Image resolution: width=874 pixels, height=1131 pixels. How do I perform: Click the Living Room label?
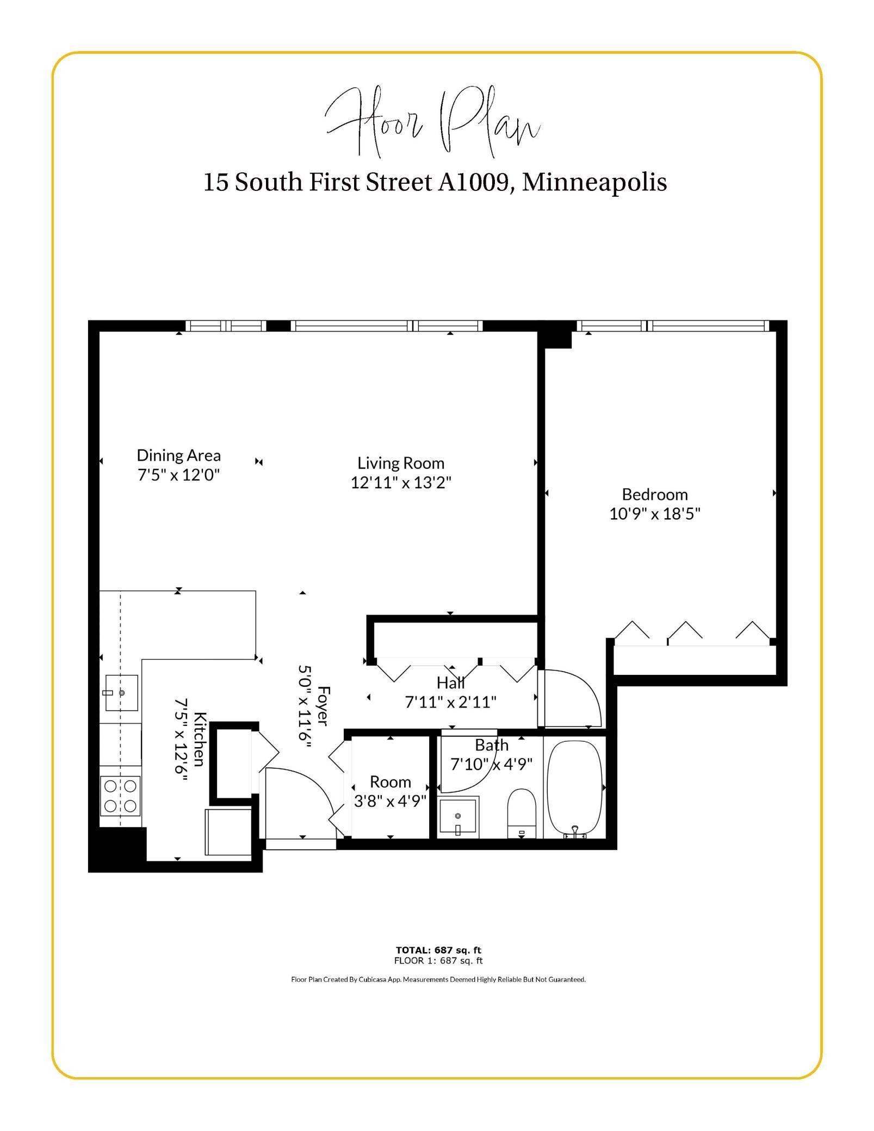(x=401, y=463)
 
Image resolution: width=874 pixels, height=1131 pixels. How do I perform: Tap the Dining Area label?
(x=178, y=455)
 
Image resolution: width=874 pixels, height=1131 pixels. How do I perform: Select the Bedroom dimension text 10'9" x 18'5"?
(x=654, y=513)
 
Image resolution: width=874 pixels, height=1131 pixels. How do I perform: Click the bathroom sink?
(x=458, y=817)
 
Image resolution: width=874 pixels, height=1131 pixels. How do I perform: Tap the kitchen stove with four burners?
(x=120, y=795)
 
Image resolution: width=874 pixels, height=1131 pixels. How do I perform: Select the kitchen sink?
(x=121, y=693)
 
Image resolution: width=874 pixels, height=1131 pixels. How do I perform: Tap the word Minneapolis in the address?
(x=594, y=182)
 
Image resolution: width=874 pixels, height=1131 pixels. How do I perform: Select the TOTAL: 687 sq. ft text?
(x=438, y=950)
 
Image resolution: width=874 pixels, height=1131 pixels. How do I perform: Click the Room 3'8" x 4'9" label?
(x=390, y=791)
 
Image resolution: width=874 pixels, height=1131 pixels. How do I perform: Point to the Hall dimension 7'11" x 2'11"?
(x=450, y=702)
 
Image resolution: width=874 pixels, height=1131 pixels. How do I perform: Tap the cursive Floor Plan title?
(x=432, y=122)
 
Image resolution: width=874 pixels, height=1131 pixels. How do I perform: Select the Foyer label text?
(x=323, y=706)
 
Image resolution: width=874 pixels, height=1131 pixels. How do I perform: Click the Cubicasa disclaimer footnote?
(x=438, y=979)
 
